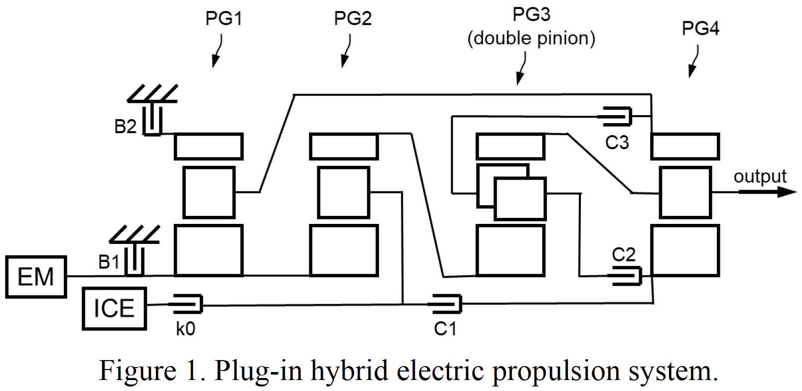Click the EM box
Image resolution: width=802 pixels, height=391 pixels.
(36, 277)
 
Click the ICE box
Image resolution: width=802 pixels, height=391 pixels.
(114, 308)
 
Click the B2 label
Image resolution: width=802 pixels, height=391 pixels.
(125, 127)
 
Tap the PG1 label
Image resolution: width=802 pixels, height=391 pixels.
(224, 19)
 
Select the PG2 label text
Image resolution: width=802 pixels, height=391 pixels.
(353, 19)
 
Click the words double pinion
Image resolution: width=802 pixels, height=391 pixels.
(532, 38)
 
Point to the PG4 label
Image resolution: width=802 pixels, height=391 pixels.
(700, 29)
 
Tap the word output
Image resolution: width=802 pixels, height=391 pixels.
(760, 176)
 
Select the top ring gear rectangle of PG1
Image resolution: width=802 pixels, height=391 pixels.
(209, 145)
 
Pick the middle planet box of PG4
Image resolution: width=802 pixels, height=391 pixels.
(685, 193)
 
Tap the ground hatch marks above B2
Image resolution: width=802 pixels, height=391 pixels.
(152, 94)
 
